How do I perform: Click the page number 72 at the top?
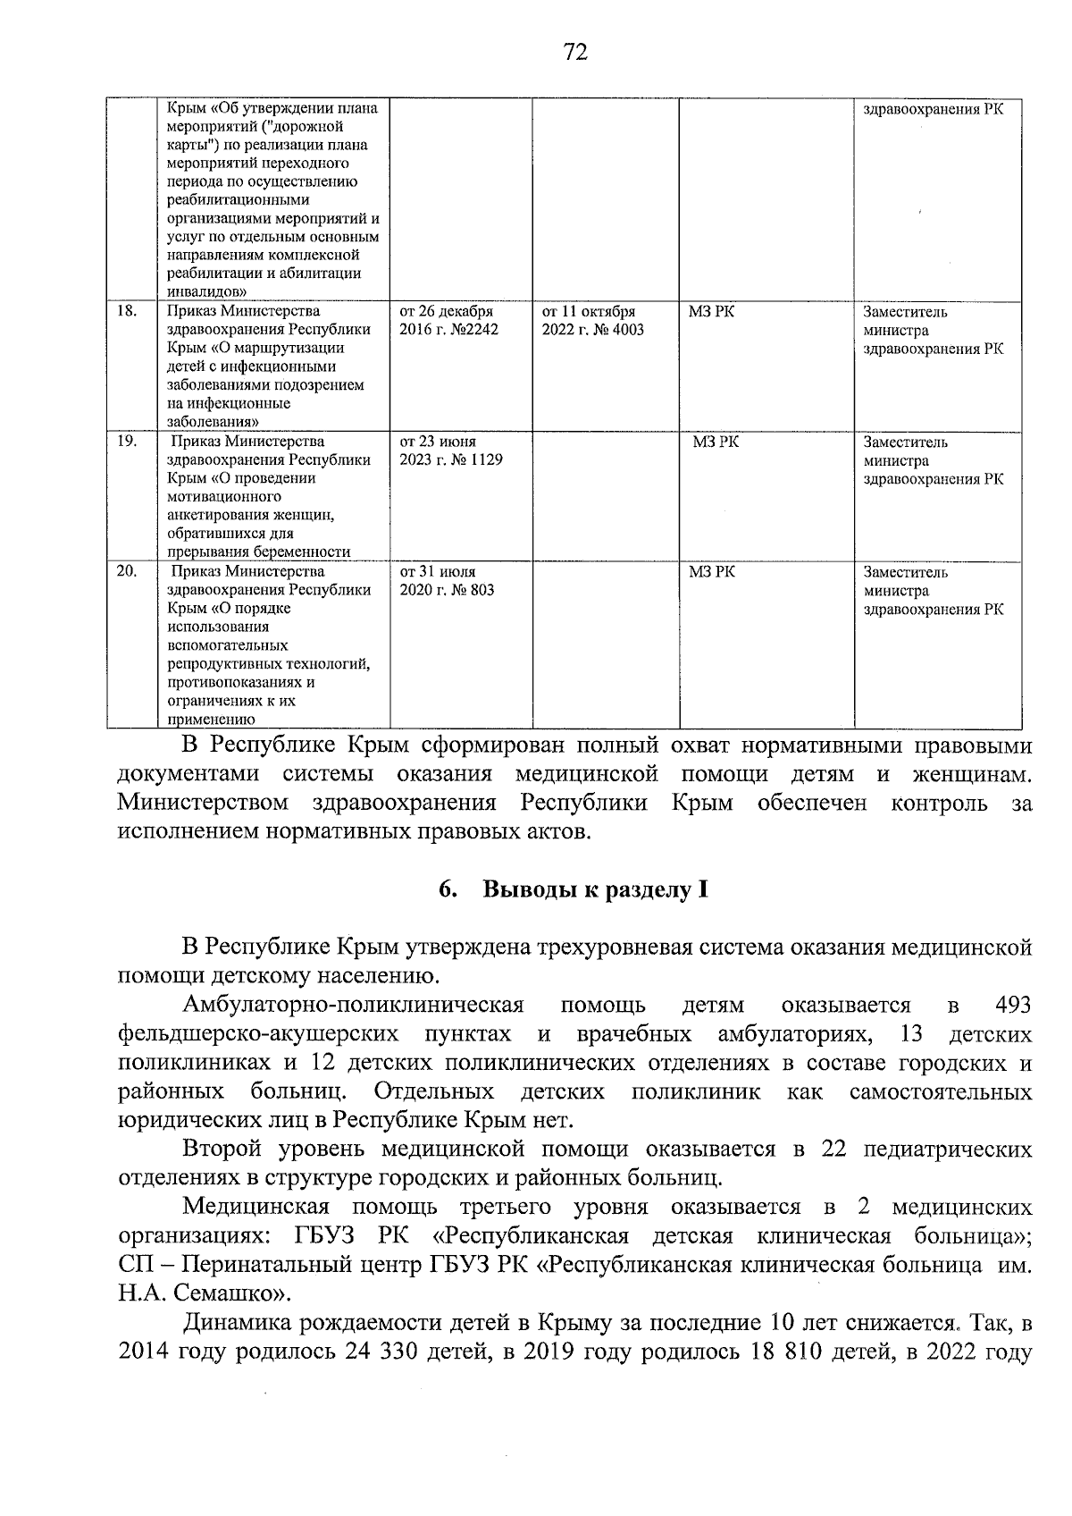tap(576, 53)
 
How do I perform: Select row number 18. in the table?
tap(127, 312)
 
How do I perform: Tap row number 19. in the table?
tap(127, 442)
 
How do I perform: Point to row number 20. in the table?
tap(127, 571)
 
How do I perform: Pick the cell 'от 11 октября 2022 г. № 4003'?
tap(592, 321)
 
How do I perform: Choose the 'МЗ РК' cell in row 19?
tap(716, 442)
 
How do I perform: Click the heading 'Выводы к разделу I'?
tap(596, 890)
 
